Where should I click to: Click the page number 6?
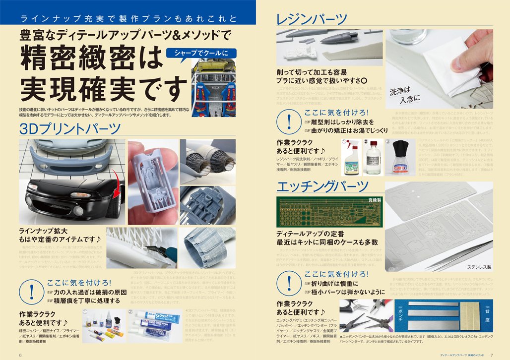pyautogui.click(x=20, y=355)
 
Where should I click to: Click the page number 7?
pyautogui.click(x=491, y=355)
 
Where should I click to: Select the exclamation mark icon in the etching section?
pyautogui.click(x=289, y=282)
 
